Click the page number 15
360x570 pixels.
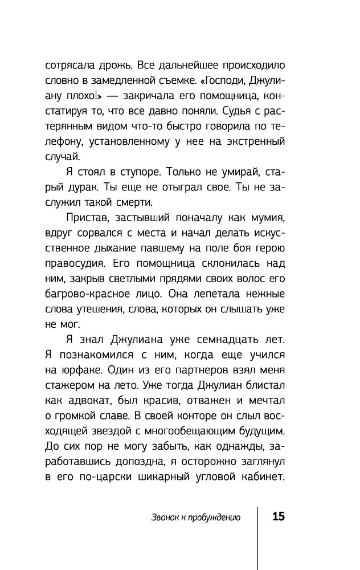(279, 517)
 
